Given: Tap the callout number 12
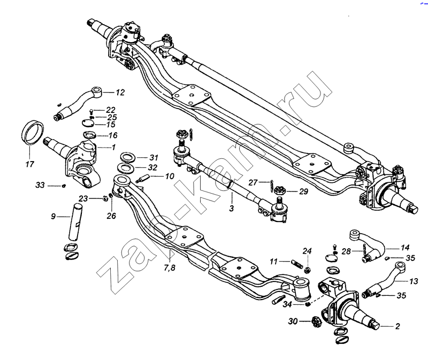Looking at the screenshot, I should coord(120,93).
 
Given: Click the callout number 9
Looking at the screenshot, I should coord(53,217).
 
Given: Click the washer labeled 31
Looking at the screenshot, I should coord(127,157).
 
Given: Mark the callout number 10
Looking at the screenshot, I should coord(169,176).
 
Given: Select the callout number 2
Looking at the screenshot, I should coord(396,326).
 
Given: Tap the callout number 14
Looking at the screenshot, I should coord(404,248).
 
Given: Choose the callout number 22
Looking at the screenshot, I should coord(111,110).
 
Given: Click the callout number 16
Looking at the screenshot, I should coord(113,135).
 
